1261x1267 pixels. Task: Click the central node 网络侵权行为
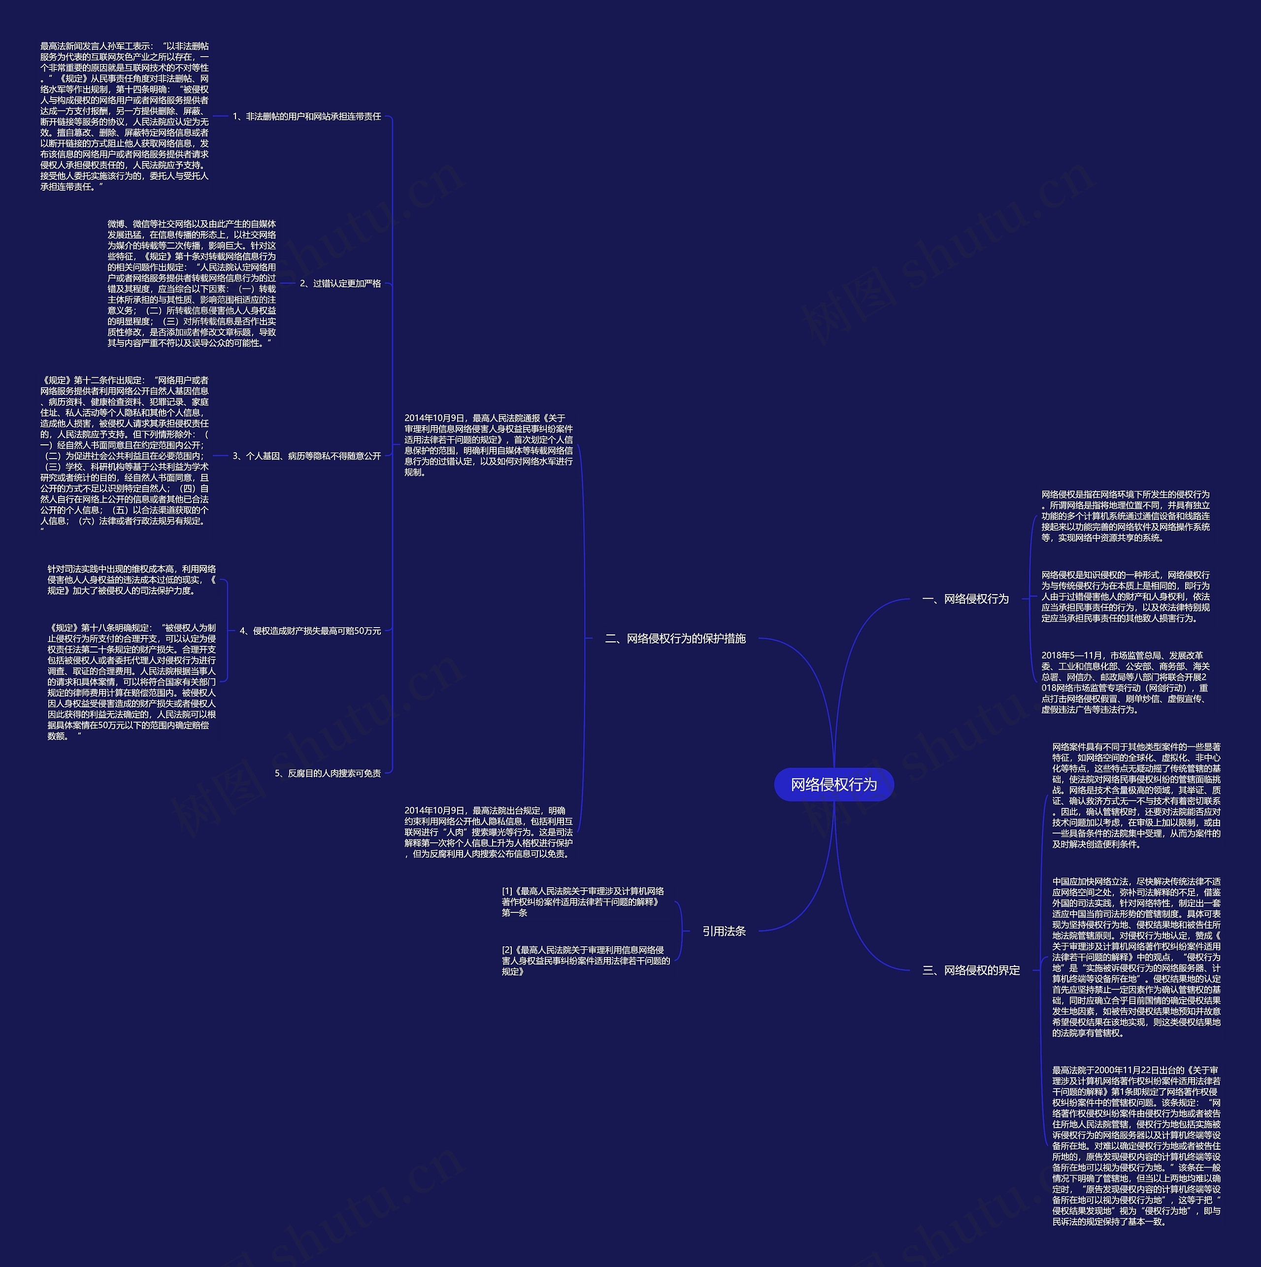pos(833,784)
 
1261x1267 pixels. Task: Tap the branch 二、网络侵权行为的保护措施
pos(675,638)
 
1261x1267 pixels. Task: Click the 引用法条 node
pos(724,931)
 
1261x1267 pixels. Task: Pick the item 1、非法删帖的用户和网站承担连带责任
pos(307,116)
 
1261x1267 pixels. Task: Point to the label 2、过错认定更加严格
pos(340,283)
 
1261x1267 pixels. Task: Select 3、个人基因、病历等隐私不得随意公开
pos(307,456)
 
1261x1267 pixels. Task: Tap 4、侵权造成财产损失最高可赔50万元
pos(310,631)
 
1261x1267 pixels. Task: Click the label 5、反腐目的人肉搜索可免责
pos(328,773)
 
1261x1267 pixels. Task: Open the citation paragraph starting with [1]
pos(583,901)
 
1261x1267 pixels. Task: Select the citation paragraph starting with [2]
pos(586,960)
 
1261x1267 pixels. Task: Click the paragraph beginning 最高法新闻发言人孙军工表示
pos(125,116)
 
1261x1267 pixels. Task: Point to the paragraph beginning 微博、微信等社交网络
pos(192,283)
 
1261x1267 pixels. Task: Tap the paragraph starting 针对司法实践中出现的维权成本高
pos(131,580)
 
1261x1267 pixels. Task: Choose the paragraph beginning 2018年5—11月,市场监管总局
pos(1125,682)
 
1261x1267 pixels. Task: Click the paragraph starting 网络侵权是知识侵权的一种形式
pos(1125,596)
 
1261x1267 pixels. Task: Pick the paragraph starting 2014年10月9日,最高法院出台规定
pos(489,832)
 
